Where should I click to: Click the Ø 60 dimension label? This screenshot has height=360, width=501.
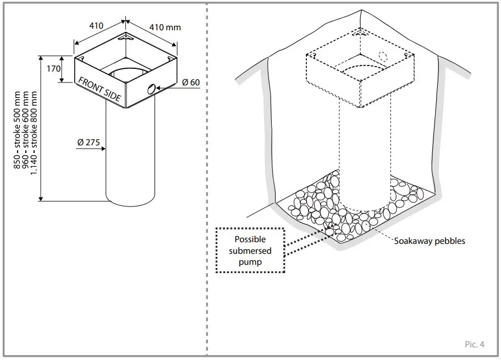click(x=190, y=82)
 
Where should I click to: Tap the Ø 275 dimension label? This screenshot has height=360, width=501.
click(x=89, y=142)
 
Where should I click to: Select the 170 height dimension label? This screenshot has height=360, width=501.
click(x=53, y=70)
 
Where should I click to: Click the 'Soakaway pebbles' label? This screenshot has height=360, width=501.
click(x=430, y=241)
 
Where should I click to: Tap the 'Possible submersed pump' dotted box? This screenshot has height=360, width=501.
click(x=250, y=250)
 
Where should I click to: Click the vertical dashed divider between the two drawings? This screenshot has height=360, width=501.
click(x=207, y=182)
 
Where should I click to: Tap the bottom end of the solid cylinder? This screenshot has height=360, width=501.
click(x=134, y=201)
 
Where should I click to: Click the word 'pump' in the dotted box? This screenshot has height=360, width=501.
click(x=250, y=263)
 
